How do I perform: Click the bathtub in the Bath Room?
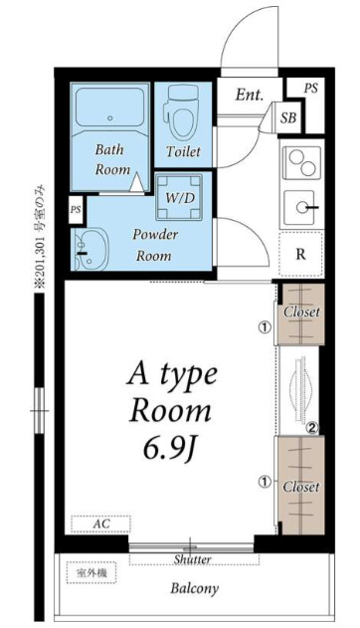coord(109,106)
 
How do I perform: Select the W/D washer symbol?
coord(178,197)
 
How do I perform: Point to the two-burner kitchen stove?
coord(302,162)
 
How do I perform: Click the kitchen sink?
coord(302,207)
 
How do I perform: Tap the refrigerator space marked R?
coord(300,254)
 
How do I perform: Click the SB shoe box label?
coord(288,117)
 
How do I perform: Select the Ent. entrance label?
coord(250,95)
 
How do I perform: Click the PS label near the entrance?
coord(311,89)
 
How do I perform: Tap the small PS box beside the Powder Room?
coord(76,210)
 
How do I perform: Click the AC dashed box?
coord(100,523)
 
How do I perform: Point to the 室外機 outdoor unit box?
coord(91,572)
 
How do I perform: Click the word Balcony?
coord(195,588)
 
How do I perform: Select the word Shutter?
coord(192,559)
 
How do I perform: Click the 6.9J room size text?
coord(170,450)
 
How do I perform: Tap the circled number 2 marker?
coord(312,429)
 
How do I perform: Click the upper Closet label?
coord(301,312)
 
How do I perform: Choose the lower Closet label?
coord(301,487)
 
